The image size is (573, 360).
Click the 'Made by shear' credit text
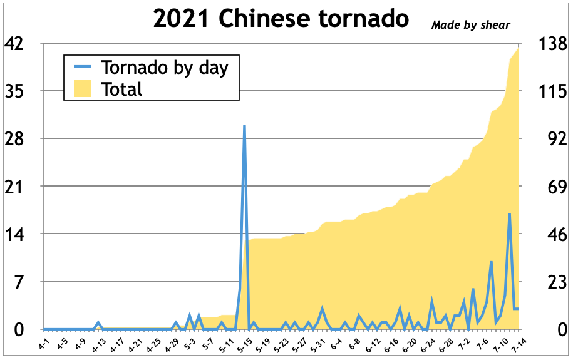coord(470,25)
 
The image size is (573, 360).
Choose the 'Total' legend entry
coord(121,89)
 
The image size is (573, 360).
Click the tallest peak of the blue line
coord(244,126)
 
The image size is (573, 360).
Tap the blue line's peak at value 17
coord(509,214)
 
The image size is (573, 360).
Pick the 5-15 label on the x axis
coord(242,344)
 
